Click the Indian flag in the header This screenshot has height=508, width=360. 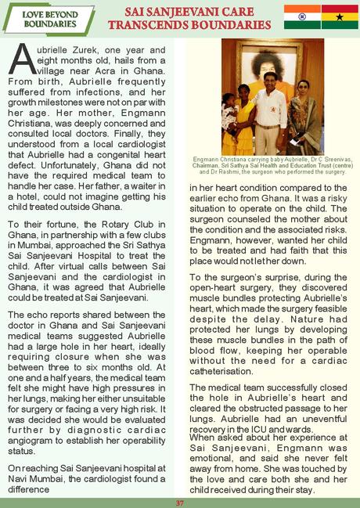coord(298,16)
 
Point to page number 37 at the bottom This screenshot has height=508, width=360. coord(180,503)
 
